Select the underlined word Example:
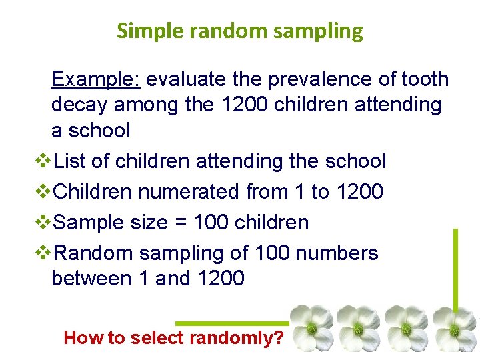(95, 79)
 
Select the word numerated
(189, 192)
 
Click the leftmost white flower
(312, 328)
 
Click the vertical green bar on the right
(455, 267)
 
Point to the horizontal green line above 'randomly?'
(233, 323)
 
